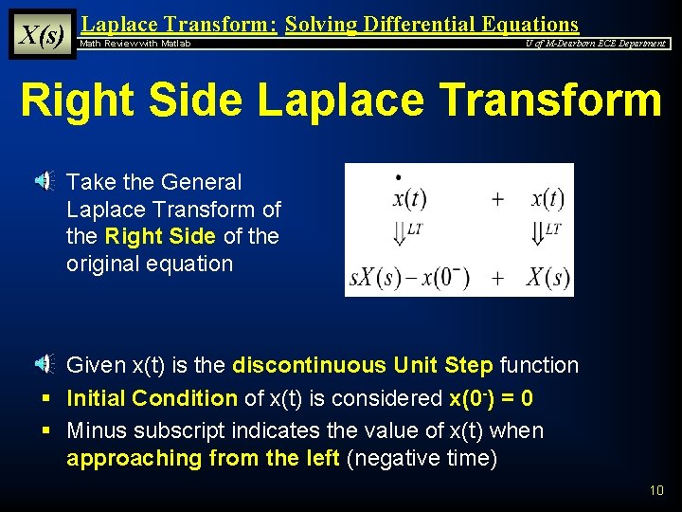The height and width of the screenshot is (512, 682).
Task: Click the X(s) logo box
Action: (x=42, y=34)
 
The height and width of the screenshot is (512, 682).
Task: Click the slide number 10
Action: (x=656, y=490)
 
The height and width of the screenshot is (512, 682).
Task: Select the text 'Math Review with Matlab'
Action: (x=135, y=44)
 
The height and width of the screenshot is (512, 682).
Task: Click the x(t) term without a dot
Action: (x=547, y=199)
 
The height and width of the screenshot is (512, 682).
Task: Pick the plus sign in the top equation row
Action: (x=497, y=200)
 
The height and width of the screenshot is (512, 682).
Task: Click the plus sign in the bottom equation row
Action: (x=497, y=278)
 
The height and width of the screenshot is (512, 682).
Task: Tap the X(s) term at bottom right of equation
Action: (x=547, y=278)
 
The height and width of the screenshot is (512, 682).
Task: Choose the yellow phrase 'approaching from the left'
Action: (x=203, y=458)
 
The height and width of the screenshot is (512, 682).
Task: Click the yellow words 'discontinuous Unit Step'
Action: (x=363, y=365)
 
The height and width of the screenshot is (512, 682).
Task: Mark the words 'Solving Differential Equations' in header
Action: (x=432, y=25)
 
